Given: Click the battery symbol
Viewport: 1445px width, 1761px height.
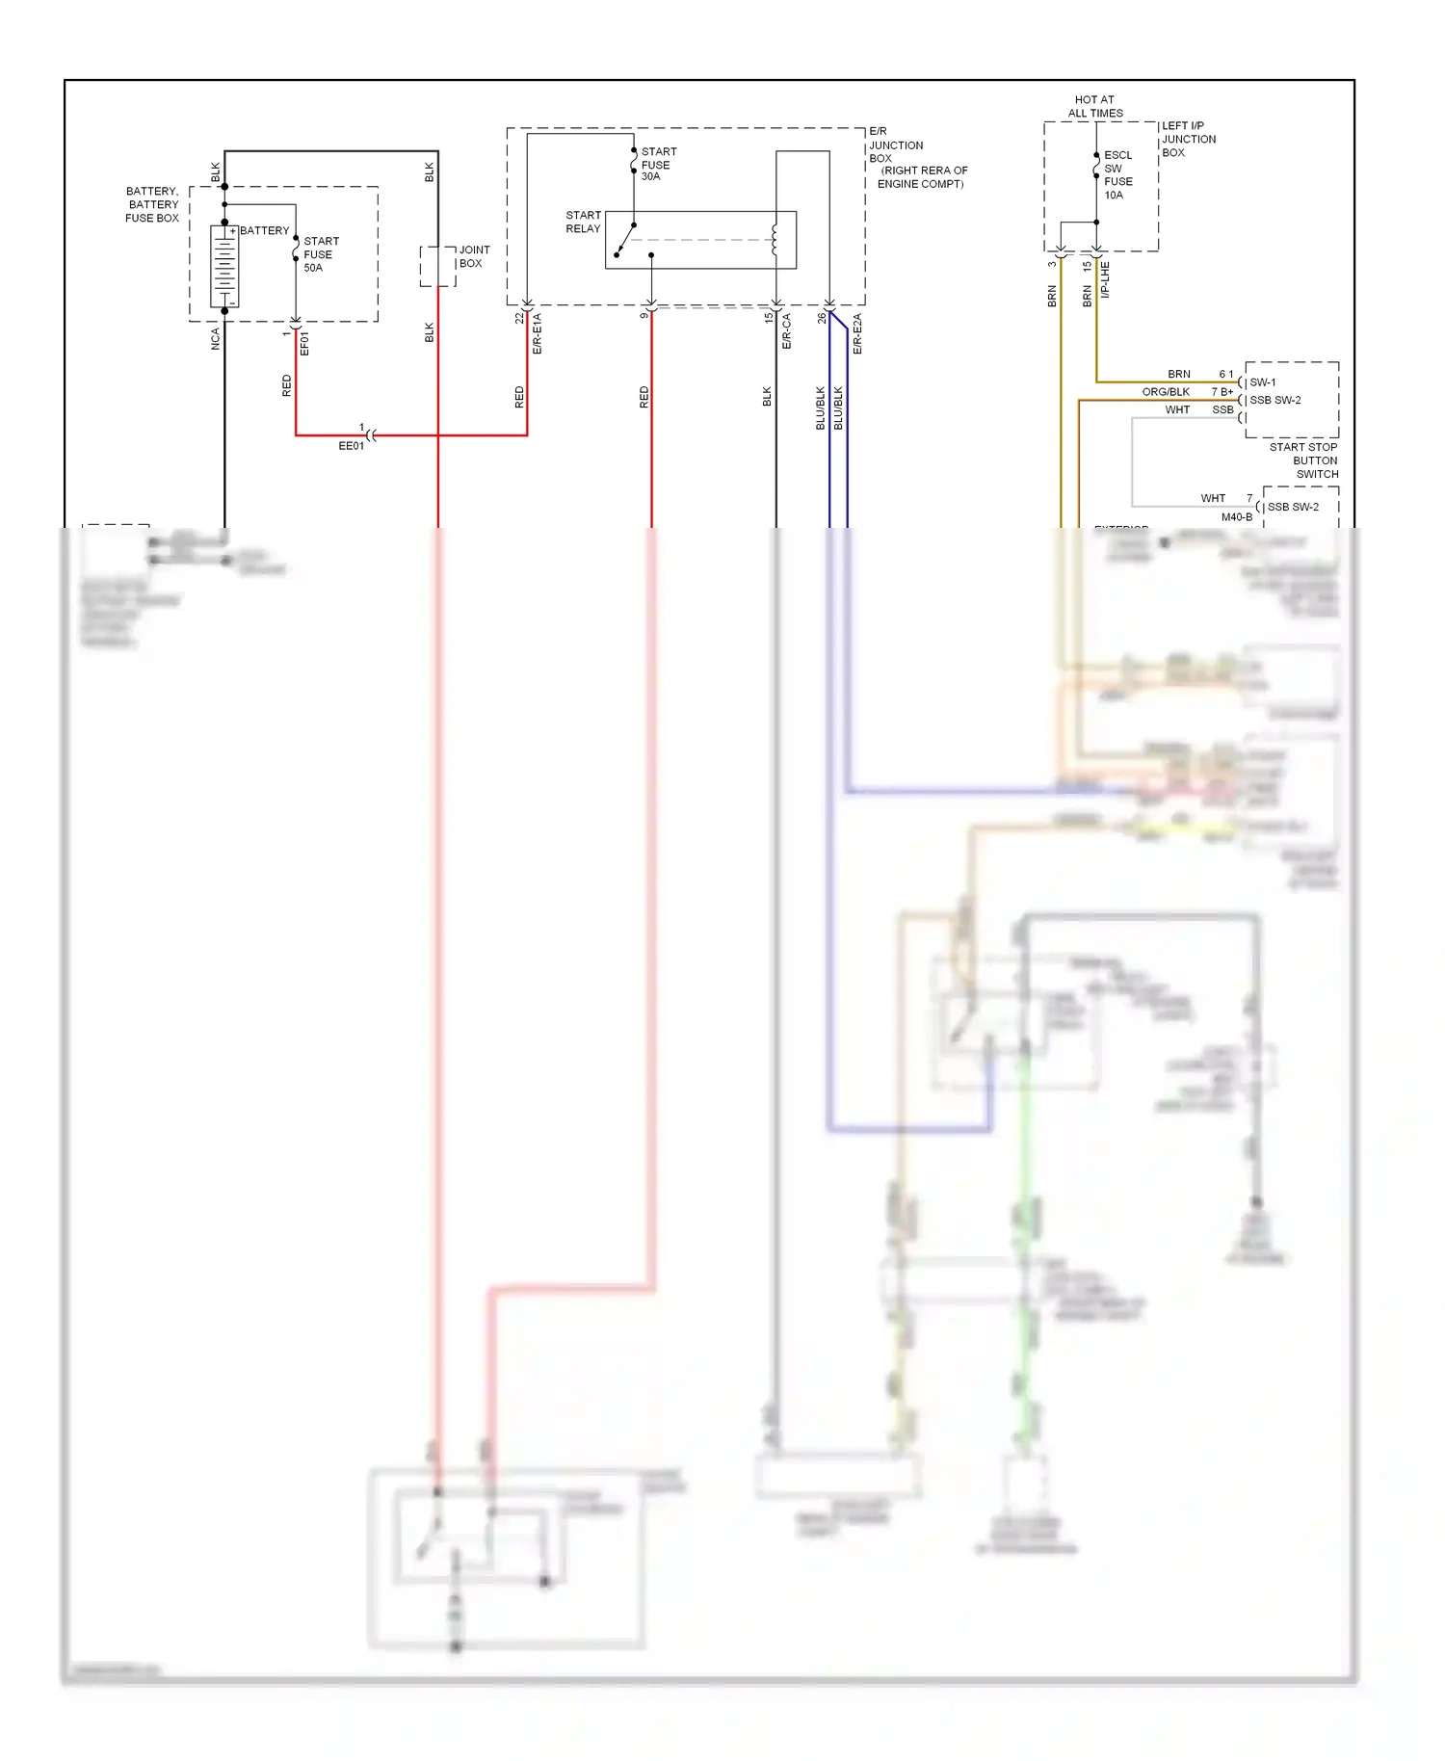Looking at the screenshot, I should point(224,267).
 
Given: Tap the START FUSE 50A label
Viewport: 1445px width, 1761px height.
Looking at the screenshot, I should point(321,254).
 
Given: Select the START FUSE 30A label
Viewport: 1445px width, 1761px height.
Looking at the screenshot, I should point(658,164).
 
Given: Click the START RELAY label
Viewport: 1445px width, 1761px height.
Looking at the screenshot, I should point(583,222).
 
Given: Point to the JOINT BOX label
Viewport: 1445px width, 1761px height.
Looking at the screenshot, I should point(473,256).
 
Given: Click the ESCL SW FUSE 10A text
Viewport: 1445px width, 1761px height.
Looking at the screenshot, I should point(1117,174).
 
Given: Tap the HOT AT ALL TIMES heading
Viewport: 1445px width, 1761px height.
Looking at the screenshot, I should point(1094,106).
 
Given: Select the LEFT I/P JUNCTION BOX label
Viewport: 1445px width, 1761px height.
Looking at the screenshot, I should point(1188,139).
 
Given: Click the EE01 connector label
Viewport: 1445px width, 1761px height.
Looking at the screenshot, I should point(351,446).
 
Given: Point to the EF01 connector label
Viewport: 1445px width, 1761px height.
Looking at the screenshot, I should point(304,344).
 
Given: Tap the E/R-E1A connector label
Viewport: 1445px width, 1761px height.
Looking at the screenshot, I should point(538,333).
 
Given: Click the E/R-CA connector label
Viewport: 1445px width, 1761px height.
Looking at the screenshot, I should point(786,330).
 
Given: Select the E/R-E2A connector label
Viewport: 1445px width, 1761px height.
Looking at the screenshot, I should point(857,333).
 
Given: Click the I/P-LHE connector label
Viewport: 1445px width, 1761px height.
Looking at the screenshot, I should point(1105,279).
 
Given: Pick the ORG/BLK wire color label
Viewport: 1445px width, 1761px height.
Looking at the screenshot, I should point(1166,392).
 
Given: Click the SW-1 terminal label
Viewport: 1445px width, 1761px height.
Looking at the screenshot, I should point(1262,382).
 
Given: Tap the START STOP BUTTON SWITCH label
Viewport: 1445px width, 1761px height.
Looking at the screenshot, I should point(1304,460).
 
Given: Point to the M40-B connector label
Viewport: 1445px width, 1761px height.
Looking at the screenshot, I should point(1237,517).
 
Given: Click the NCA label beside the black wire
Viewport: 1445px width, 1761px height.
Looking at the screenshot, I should point(215,338).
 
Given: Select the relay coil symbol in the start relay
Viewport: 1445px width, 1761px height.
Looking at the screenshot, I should point(774,240).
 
